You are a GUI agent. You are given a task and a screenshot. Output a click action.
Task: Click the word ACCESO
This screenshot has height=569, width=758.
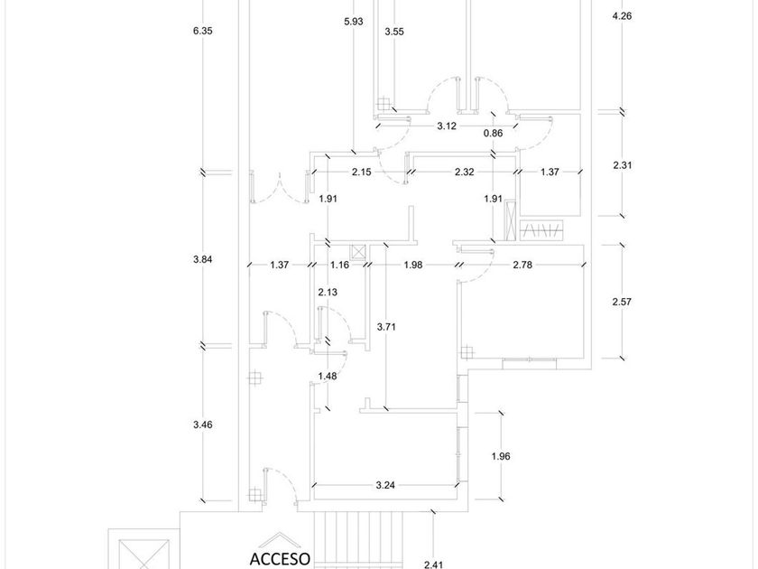pos(280,559)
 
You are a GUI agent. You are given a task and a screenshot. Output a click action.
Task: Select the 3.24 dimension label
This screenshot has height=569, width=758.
pos(385,485)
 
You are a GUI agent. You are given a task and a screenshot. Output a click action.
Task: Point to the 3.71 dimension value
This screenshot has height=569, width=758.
pos(386,327)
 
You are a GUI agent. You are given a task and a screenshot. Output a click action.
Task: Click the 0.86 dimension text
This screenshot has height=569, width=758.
pos(493,134)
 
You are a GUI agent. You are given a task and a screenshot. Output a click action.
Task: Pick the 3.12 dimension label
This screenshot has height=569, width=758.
pos(447,126)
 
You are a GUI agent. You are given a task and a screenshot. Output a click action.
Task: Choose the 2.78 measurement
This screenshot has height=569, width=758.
pos(522,265)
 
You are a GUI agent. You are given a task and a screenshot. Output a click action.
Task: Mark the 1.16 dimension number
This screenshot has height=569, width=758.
pos(339,265)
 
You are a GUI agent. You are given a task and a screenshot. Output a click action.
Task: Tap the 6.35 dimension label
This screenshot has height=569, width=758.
pos(202,31)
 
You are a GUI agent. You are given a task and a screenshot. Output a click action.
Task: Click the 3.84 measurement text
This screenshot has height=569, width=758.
pos(202,259)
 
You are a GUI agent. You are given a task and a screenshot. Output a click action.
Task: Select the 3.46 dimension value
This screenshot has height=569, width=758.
pos(202,424)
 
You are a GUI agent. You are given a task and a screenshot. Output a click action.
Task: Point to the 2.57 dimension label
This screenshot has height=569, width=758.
pos(622,302)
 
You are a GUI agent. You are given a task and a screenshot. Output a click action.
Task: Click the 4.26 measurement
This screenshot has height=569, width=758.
pos(622,16)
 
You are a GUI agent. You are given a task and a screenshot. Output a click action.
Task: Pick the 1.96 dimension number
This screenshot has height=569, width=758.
pos(500,456)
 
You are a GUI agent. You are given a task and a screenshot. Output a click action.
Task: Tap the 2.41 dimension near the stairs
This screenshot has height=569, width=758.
pos(433,564)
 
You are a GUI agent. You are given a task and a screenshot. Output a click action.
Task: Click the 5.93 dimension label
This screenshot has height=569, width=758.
pos(354,22)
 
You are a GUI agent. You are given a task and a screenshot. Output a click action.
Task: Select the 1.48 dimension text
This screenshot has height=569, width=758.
pos(328,376)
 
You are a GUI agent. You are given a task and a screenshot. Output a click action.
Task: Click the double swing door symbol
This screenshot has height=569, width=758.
pos(280,187)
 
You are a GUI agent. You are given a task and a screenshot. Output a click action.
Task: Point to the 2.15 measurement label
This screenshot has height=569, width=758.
pos(362,172)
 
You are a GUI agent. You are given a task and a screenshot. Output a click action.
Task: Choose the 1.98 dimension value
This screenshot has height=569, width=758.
pos(413,265)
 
